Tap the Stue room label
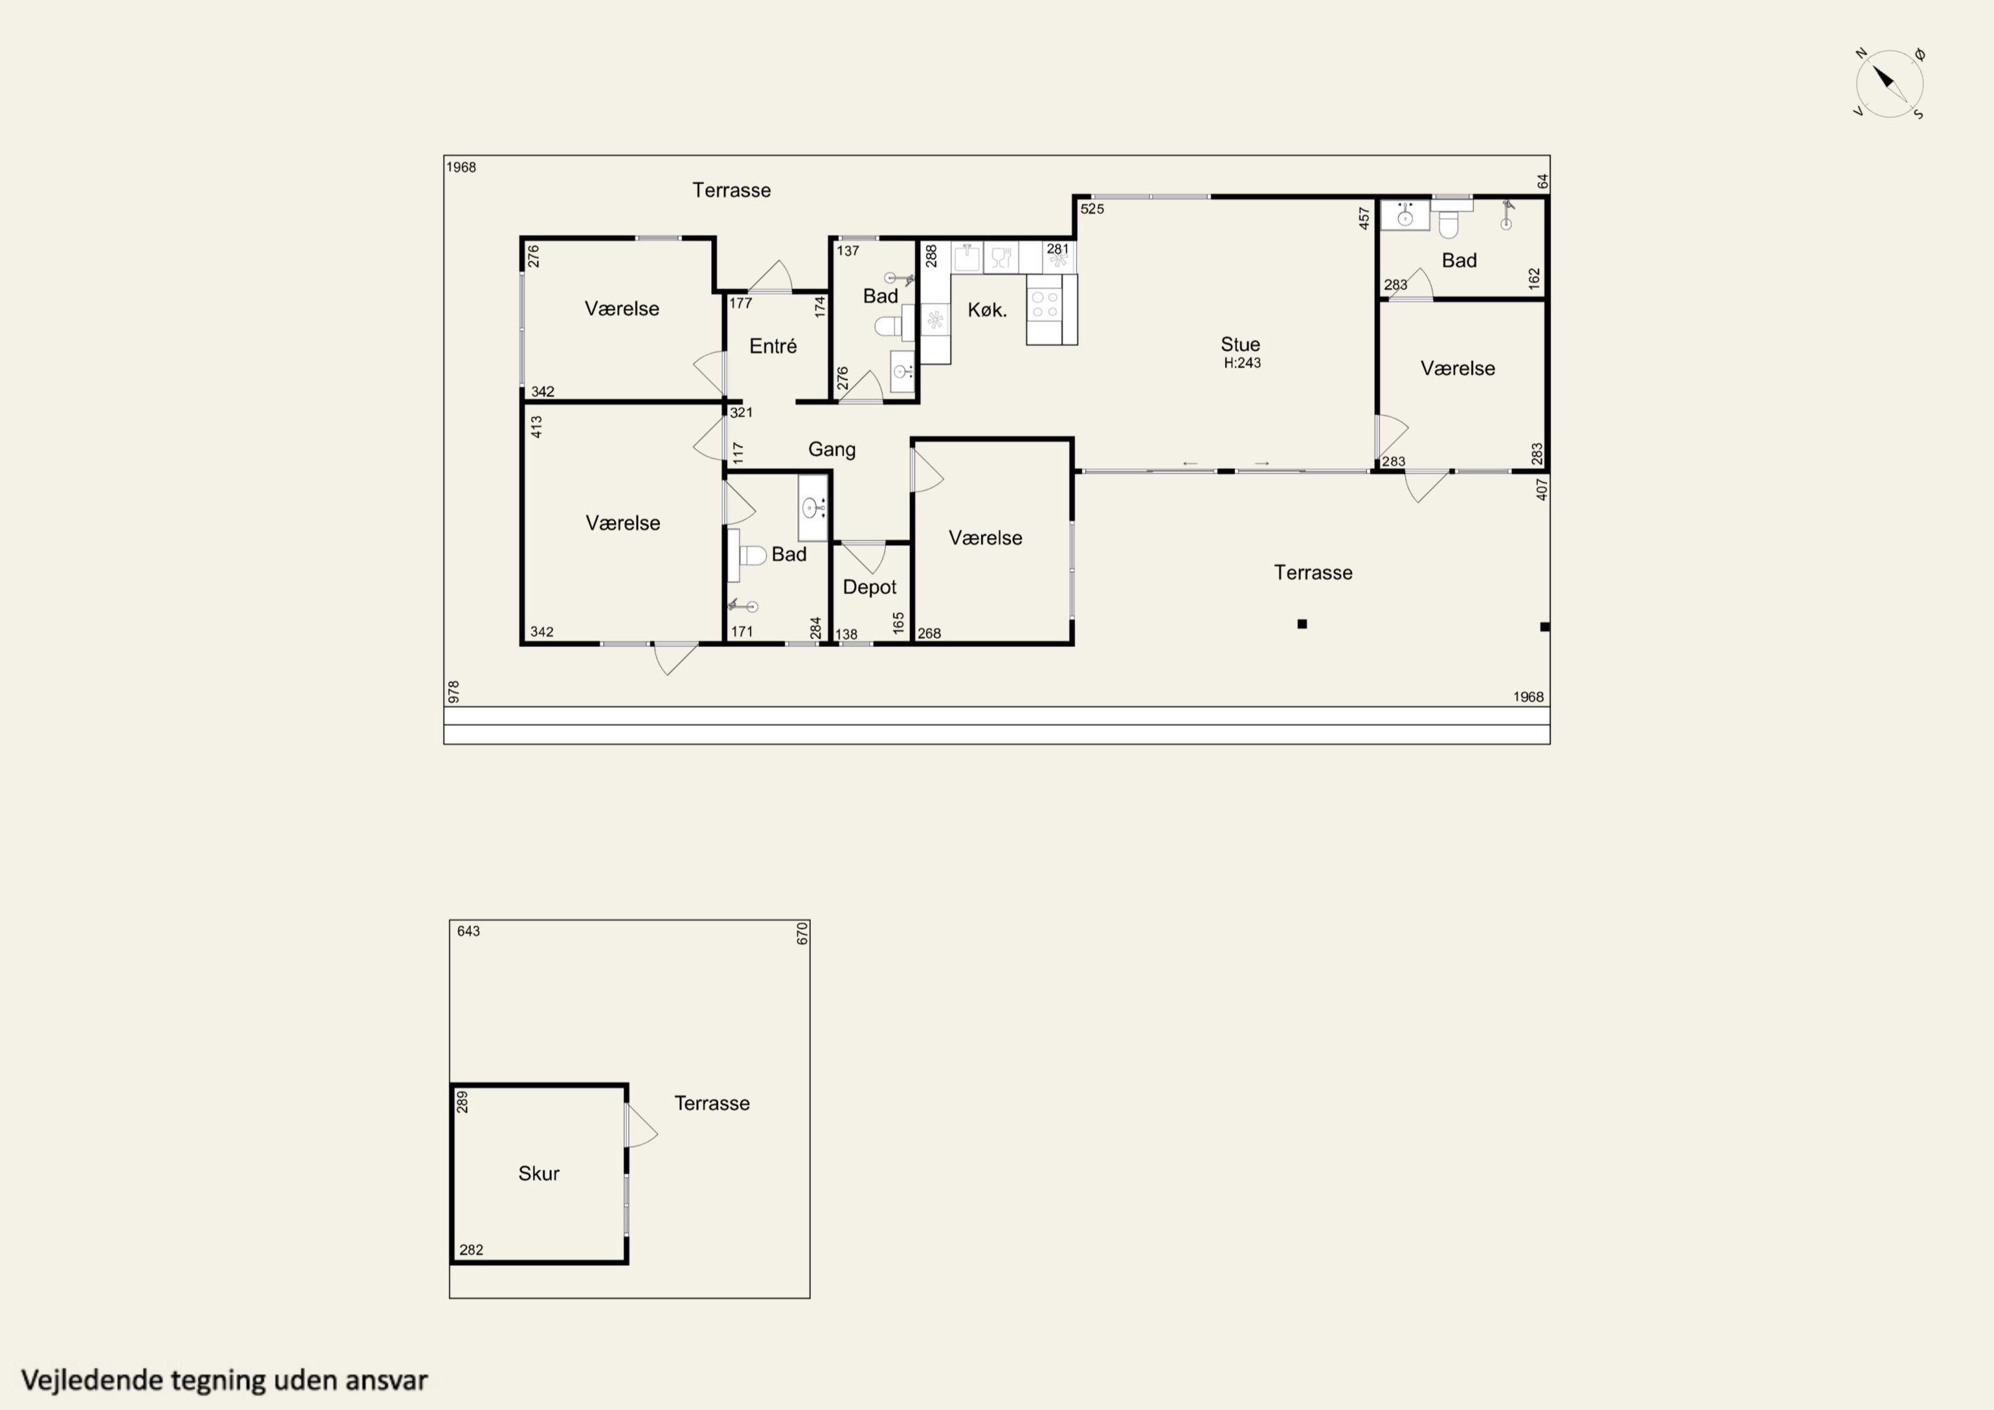pyautogui.click(x=1240, y=344)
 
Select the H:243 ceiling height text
pyautogui.click(x=1242, y=363)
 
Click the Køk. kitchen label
pyautogui.click(x=988, y=310)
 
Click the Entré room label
pyautogui.click(x=773, y=346)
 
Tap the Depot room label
pyautogui.click(x=869, y=587)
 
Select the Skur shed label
pyautogui.click(x=538, y=1174)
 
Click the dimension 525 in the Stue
pyautogui.click(x=1091, y=209)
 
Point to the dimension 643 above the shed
pyautogui.click(x=468, y=931)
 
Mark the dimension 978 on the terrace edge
pyautogui.click(x=453, y=691)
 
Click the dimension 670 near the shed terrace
pyautogui.click(x=802, y=934)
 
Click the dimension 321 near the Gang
pyautogui.click(x=741, y=413)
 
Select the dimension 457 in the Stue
pyautogui.click(x=1363, y=218)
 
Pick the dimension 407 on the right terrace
pyautogui.click(x=1541, y=489)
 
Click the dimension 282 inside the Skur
pyautogui.click(x=471, y=1250)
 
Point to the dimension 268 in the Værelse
pyautogui.click(x=929, y=634)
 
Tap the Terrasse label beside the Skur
pyautogui.click(x=712, y=1104)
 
